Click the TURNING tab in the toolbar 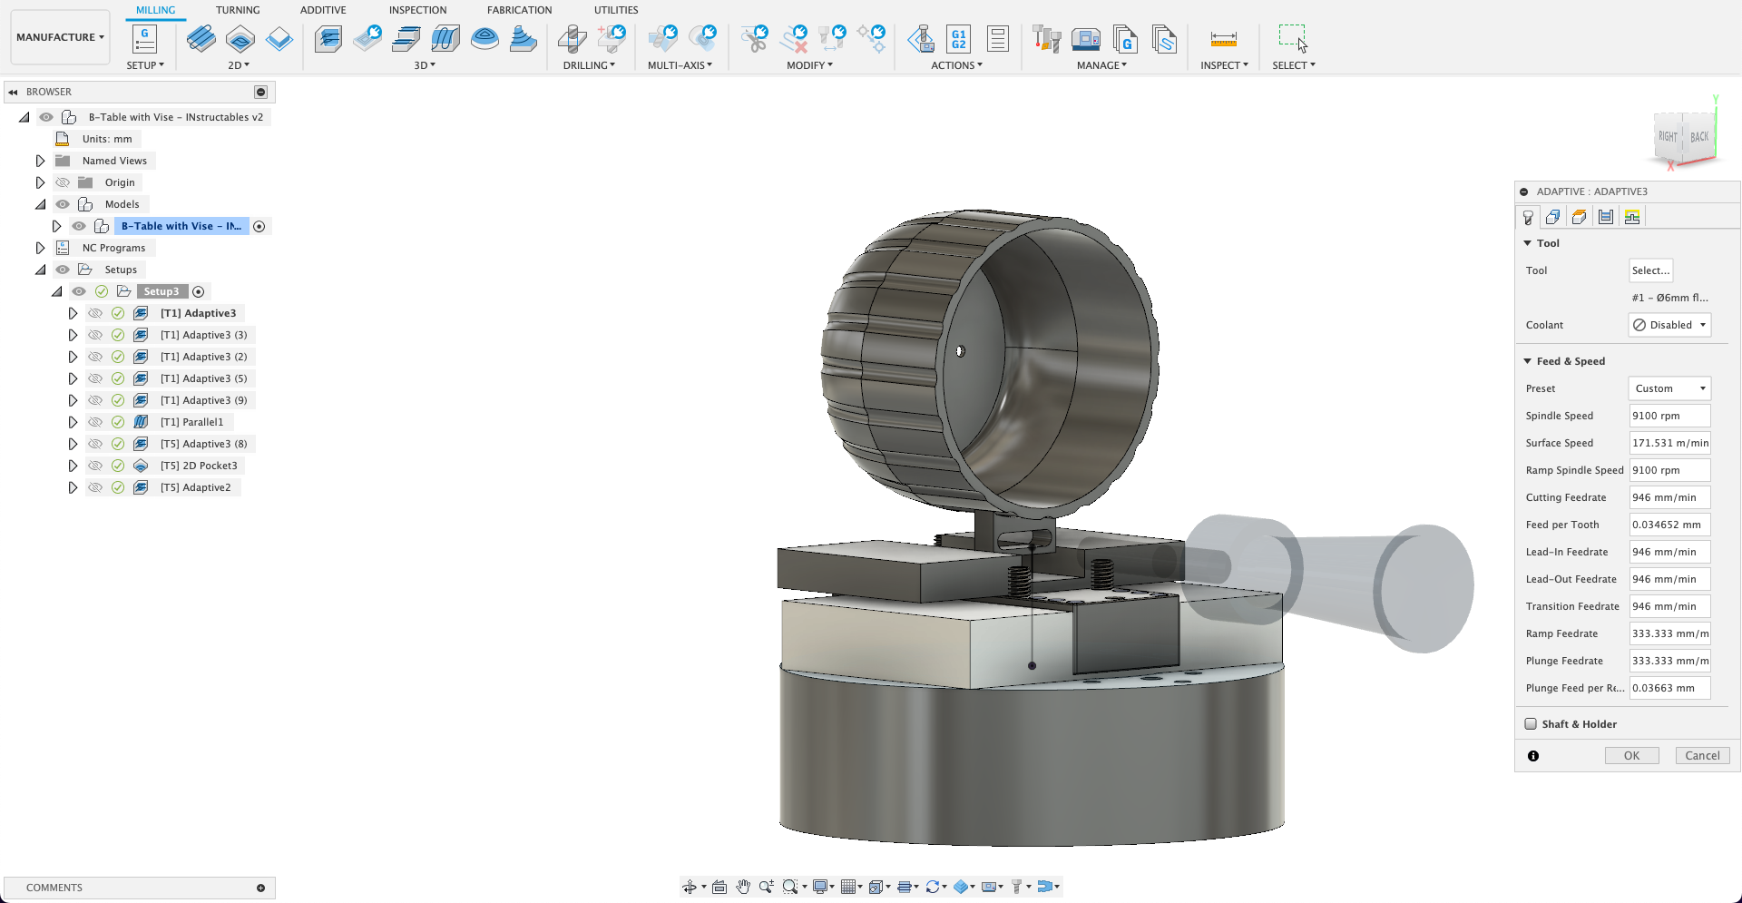[x=238, y=10]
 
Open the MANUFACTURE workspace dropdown [x=60, y=37]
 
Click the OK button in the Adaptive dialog [x=1631, y=755]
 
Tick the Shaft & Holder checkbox [x=1532, y=724]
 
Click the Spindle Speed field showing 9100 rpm [x=1669, y=416]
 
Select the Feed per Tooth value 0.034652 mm [x=1669, y=525]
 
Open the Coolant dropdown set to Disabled [x=1669, y=325]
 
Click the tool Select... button [x=1650, y=270]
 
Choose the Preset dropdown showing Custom [x=1669, y=388]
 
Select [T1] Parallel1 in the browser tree [x=191, y=422]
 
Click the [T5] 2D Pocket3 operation [x=198, y=466]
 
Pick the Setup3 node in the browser [x=161, y=291]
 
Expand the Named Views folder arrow [x=40, y=161]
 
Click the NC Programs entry [x=113, y=248]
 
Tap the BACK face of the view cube [x=1699, y=137]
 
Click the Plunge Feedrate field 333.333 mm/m [x=1669, y=661]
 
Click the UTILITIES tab [x=616, y=10]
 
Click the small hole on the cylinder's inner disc [x=960, y=350]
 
